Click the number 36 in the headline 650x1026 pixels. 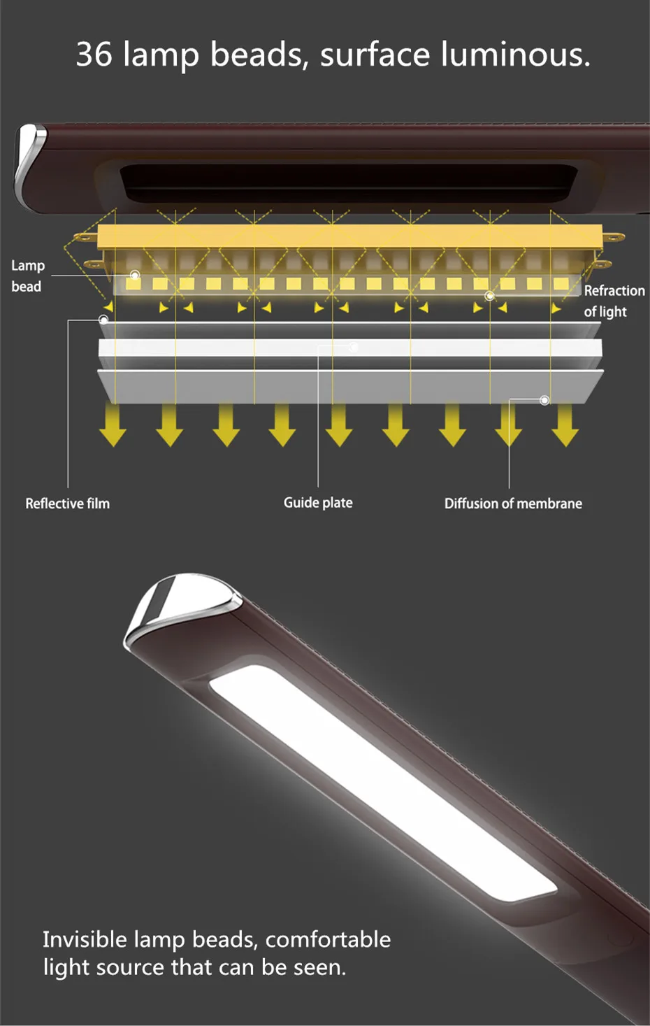point(94,54)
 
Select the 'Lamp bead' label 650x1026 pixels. point(27,276)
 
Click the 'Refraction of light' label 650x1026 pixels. point(614,301)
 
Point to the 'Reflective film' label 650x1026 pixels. point(67,504)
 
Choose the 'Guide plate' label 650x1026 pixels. point(318,503)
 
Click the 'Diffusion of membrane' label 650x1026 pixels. point(513,504)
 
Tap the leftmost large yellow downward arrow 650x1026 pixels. point(113,425)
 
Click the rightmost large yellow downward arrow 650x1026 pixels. point(565,425)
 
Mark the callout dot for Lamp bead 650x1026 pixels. point(135,276)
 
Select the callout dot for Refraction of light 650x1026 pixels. point(490,296)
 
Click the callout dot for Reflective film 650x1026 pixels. point(103,320)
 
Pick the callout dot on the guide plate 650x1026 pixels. point(354,347)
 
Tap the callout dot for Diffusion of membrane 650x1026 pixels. point(544,400)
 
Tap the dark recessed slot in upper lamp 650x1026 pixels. point(349,183)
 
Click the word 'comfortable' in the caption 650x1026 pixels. point(328,939)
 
